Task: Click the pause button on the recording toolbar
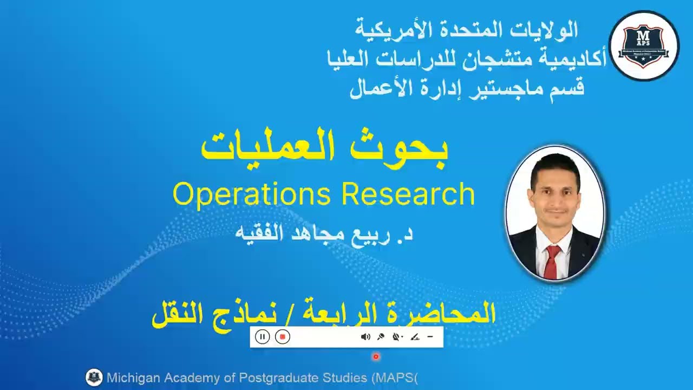[262, 337]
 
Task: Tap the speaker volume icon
[365, 337]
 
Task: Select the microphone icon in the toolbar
[381, 337]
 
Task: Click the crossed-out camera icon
[397, 337]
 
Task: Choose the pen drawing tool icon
[415, 337]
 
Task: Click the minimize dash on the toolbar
[430, 337]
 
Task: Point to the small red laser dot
[376, 356]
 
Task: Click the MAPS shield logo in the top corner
[644, 46]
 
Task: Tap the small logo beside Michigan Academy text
[94, 378]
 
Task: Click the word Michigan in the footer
[133, 378]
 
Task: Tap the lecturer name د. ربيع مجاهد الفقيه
[324, 233]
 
